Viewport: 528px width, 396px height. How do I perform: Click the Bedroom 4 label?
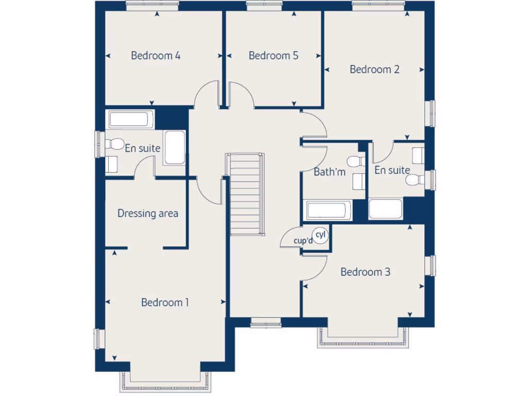coord(155,56)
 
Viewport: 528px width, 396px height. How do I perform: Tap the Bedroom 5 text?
coord(273,56)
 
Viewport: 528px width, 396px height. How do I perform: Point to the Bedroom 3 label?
coord(365,272)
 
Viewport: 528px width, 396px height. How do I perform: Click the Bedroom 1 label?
coord(165,303)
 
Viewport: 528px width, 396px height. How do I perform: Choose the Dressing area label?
coord(148,213)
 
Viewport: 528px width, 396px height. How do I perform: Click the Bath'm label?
coord(329,172)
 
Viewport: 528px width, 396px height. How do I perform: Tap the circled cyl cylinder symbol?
coord(321,236)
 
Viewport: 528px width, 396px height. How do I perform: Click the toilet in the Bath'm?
coord(355,161)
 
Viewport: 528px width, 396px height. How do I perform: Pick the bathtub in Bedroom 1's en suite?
coord(129,120)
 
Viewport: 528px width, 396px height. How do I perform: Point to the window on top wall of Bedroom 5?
coord(264,6)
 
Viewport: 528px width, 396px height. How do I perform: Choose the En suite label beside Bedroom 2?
coord(392,170)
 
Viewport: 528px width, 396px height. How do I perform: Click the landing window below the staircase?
coord(266,323)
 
